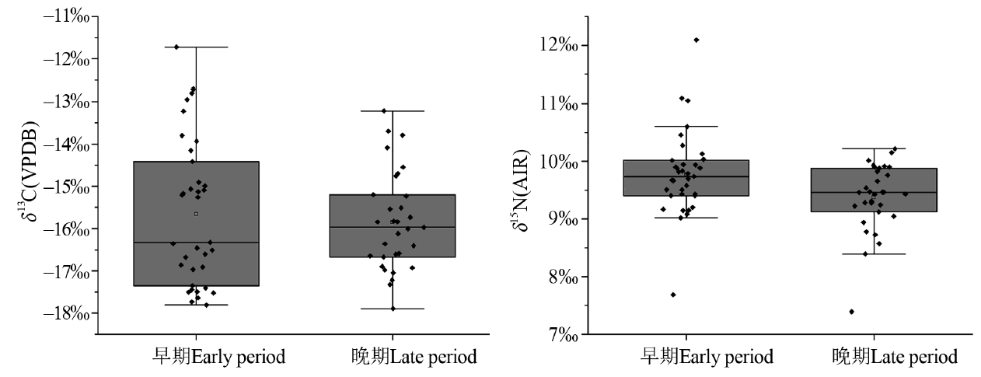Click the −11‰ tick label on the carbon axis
click(x=68, y=16)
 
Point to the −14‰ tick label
click(x=68, y=144)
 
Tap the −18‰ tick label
click(x=68, y=313)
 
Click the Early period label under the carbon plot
click(x=218, y=358)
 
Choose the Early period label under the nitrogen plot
click(x=707, y=358)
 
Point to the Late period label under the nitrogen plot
click(x=894, y=358)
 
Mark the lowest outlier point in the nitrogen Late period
click(x=851, y=312)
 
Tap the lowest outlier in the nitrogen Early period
click(x=672, y=295)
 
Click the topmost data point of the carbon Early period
click(x=176, y=47)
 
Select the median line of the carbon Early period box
click(x=196, y=243)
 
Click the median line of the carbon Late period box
click(x=392, y=227)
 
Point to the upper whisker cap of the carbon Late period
click(x=393, y=111)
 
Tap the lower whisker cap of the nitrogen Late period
click(x=873, y=254)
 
